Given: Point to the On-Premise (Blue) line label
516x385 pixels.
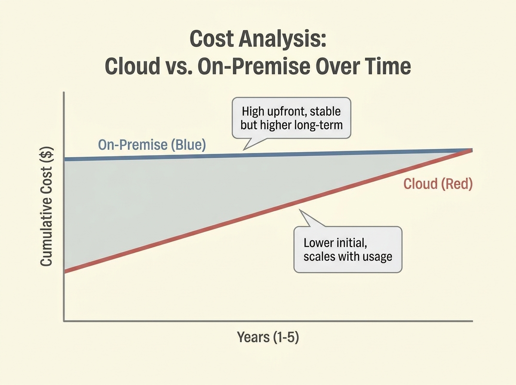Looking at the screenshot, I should point(152,145).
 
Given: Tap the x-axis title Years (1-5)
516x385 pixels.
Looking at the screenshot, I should point(267,337).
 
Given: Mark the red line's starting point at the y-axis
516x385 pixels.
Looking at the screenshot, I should point(65,271).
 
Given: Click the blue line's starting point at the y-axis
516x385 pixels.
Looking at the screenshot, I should point(65,159).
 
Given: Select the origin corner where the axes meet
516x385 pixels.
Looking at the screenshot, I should point(64,321).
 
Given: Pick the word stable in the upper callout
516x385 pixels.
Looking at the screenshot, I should point(325,111).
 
